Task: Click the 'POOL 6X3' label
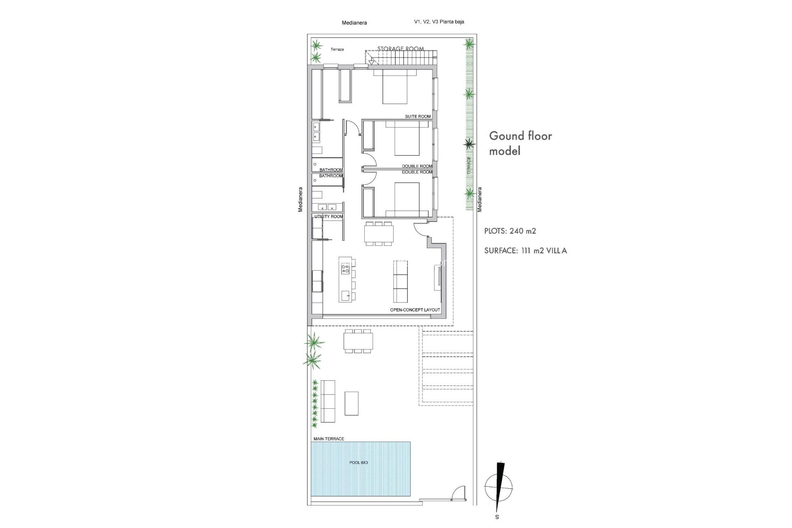click(x=358, y=462)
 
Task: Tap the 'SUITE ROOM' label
click(x=417, y=116)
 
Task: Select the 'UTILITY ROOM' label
click(x=329, y=217)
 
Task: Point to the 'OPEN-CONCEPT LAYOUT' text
click(x=415, y=310)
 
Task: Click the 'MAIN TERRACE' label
click(x=329, y=439)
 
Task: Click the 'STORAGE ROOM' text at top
click(x=400, y=49)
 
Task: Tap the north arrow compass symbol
click(x=499, y=487)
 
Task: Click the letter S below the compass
click(x=497, y=517)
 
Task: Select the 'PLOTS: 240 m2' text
click(x=510, y=231)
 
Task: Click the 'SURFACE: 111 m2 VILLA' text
click(x=525, y=250)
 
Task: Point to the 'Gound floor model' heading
click(x=520, y=143)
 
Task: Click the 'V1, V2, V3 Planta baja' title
click(x=439, y=22)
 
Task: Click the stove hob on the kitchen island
click(x=345, y=269)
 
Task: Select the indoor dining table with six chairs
click(x=379, y=234)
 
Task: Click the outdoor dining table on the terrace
click(x=358, y=341)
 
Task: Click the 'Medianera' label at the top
click(x=354, y=23)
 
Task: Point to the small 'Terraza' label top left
click(x=337, y=49)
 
